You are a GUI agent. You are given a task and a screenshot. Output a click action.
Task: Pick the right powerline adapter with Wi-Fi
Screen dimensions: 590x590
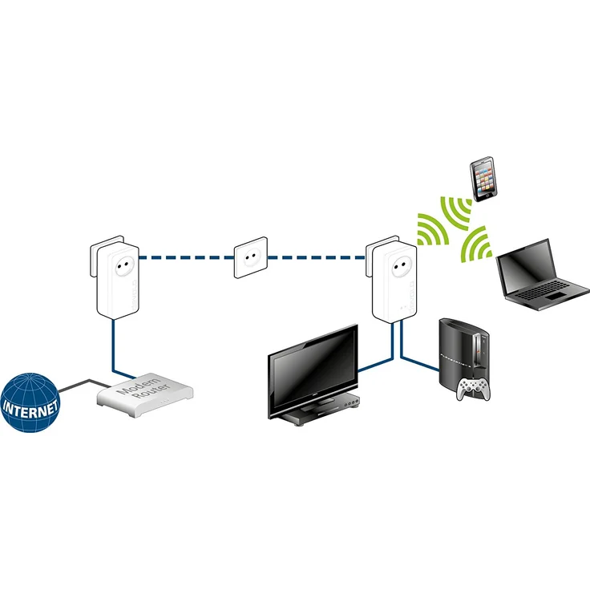(392, 280)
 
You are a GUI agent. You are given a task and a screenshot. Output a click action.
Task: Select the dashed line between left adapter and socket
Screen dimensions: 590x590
(184, 258)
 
